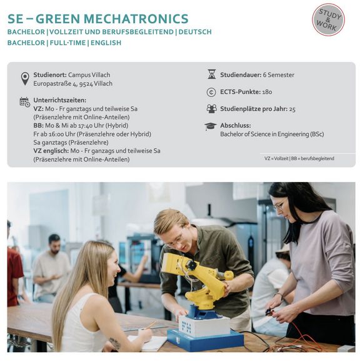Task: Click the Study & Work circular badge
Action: pos(328,20)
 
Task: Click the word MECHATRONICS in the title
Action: pos(135,19)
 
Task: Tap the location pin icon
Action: pos(25,78)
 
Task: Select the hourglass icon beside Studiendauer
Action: pos(212,74)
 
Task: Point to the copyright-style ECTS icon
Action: pos(211,92)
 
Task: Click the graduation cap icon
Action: pos(210,126)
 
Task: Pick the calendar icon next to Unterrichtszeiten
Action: pos(24,102)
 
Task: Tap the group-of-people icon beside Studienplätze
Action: pos(212,109)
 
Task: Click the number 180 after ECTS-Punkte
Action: pos(267,92)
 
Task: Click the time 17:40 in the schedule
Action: pos(86,126)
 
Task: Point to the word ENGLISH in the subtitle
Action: pos(106,43)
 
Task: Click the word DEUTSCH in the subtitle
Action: pos(195,32)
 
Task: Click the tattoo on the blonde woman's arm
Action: pos(115,343)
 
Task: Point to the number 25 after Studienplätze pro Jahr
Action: pos(292,109)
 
